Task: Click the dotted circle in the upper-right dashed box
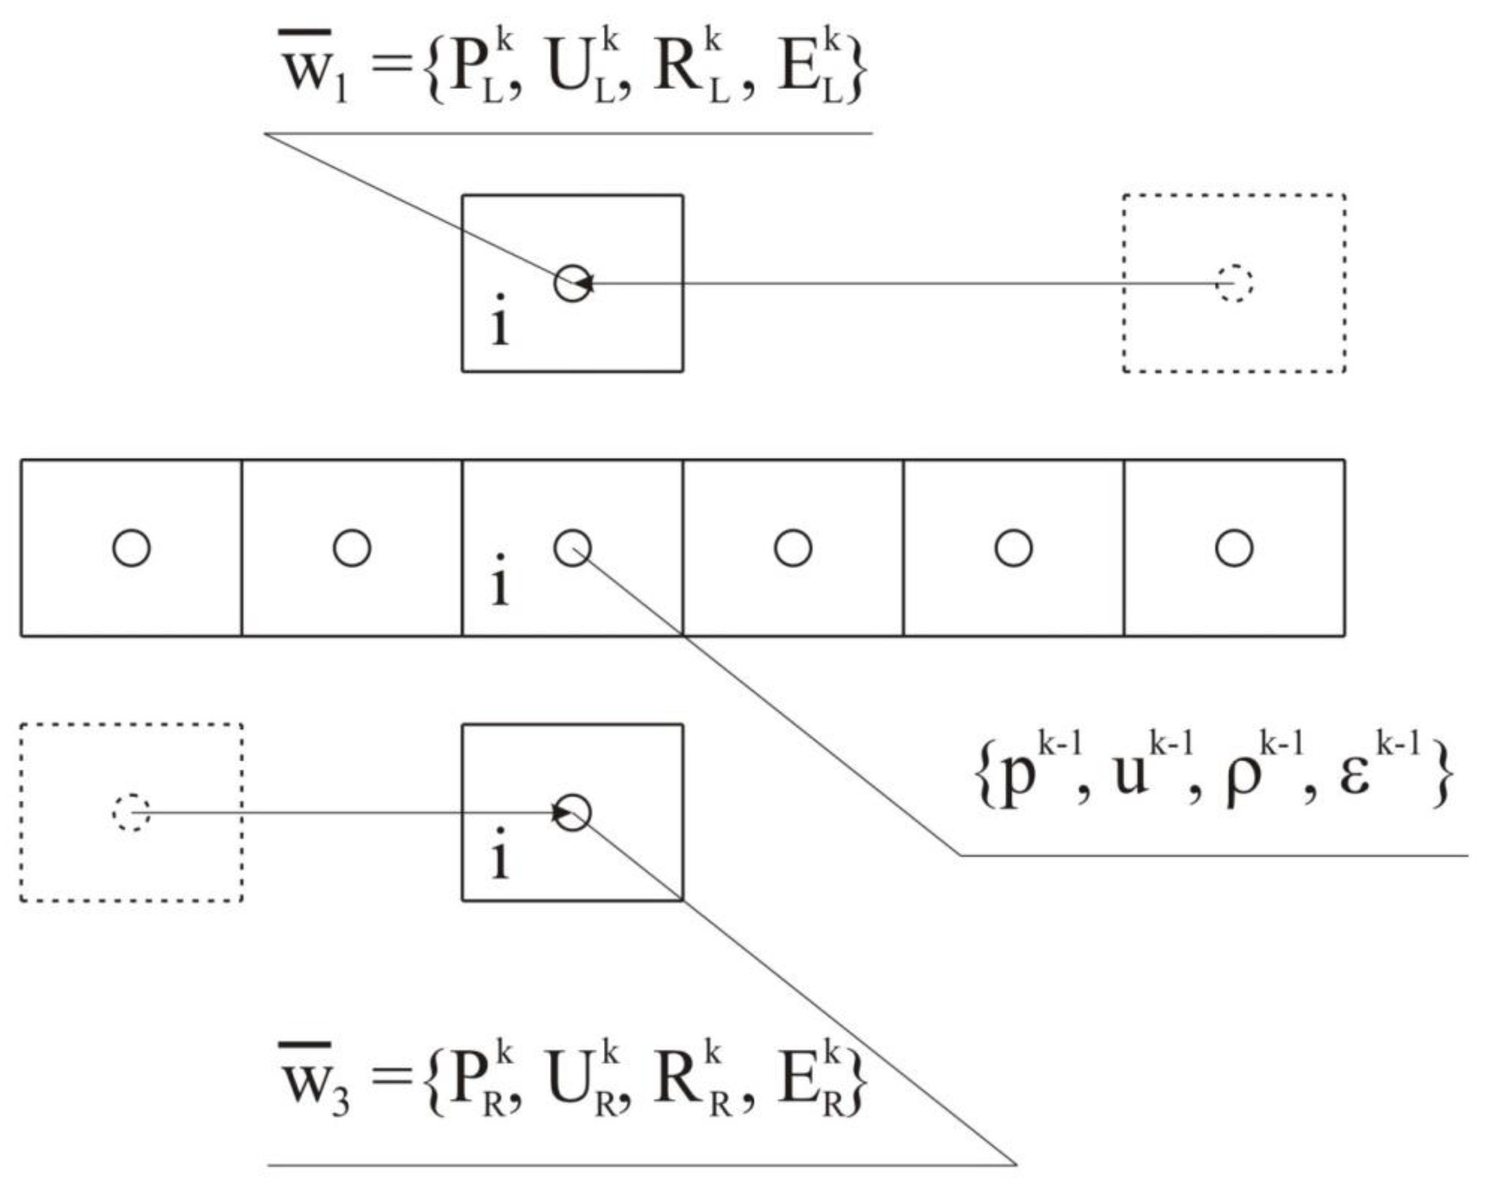1234,283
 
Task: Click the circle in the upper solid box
573,283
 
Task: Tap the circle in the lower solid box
573,812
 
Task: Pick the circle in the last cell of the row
1234,548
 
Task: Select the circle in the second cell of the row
351,548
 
